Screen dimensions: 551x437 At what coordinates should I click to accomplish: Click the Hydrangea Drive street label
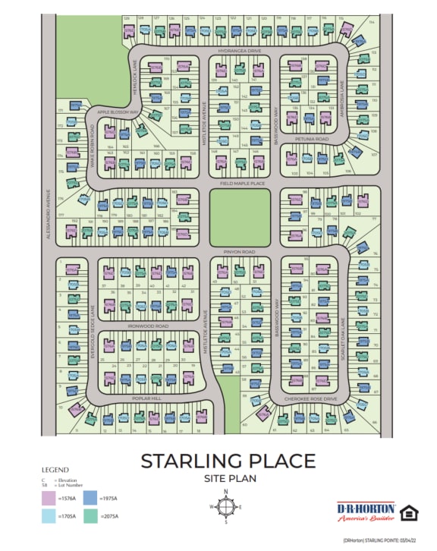[239, 50]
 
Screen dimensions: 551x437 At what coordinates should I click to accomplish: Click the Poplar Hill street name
[146, 398]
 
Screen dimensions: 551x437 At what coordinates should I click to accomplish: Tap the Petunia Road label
[312, 140]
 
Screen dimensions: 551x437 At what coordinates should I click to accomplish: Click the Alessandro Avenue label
[49, 219]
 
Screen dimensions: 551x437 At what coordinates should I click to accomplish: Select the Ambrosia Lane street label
[343, 96]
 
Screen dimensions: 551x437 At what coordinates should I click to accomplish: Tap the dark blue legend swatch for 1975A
[89, 499]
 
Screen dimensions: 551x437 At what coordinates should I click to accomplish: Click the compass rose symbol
[226, 506]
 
